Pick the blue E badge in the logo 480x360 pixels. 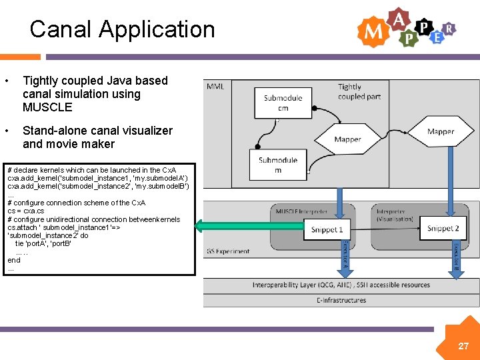click(437, 37)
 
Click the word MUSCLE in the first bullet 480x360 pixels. click(47, 107)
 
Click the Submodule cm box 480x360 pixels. click(283, 103)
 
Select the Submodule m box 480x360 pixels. click(278, 165)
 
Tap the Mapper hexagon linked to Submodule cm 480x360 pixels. click(347, 139)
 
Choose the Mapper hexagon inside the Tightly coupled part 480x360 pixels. click(440, 131)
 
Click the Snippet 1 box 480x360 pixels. click(327, 229)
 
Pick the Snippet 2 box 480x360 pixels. click(443, 229)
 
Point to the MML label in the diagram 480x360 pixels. click(215, 87)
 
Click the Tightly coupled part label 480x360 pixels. click(359, 91)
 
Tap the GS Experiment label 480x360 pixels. click(228, 251)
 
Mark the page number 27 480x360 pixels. click(463, 346)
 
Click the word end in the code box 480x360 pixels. click(14, 260)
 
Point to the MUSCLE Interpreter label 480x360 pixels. click(302, 211)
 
